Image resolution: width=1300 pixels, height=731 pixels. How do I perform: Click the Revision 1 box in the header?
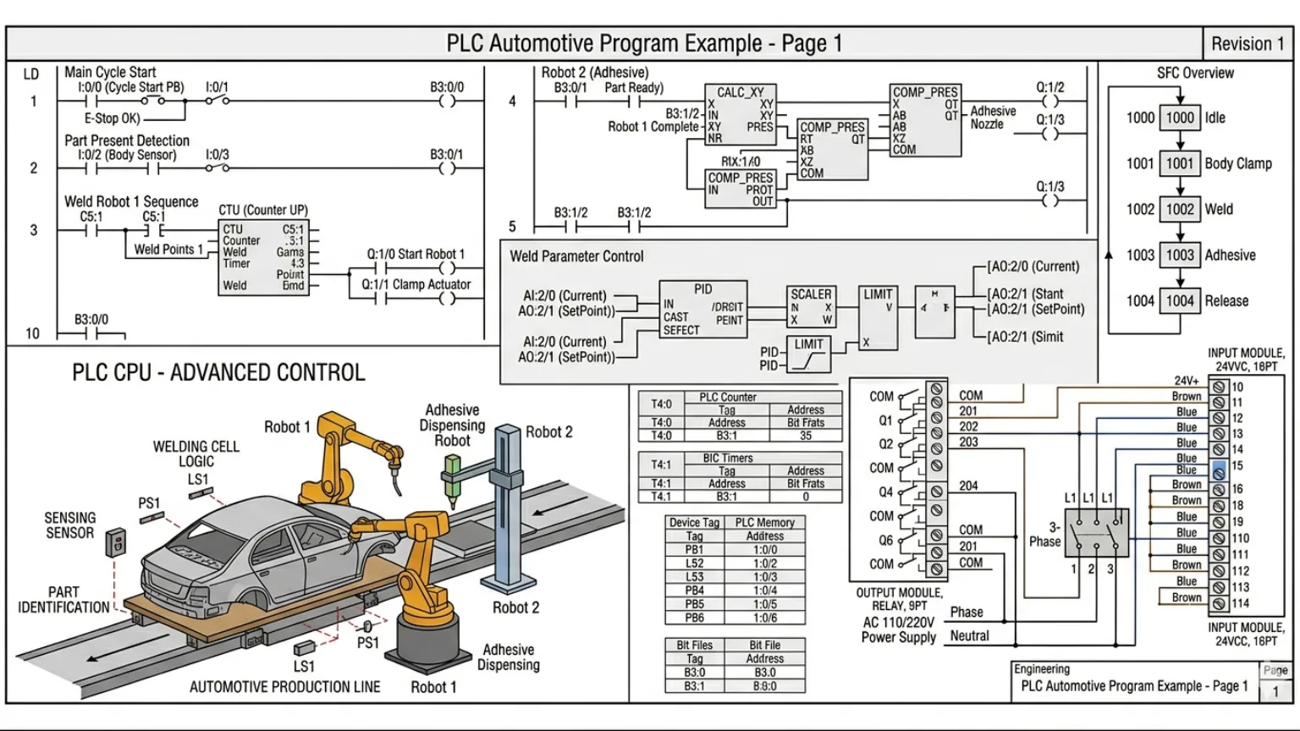pyautogui.click(x=1248, y=44)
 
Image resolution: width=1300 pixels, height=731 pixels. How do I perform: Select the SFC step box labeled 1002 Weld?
pyautogui.click(x=1180, y=209)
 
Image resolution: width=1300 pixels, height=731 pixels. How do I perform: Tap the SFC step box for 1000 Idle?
pyautogui.click(x=1180, y=118)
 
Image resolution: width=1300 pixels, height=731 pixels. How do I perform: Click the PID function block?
pyautogui.click(x=702, y=310)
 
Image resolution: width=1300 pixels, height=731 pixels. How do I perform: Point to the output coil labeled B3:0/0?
pyautogui.click(x=447, y=102)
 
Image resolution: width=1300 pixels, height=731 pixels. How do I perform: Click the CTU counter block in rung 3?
pyautogui.click(x=263, y=257)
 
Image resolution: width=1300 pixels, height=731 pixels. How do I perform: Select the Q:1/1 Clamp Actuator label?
pyautogui.click(x=416, y=284)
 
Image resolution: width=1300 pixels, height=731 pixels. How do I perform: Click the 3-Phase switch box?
pyautogui.click(x=1096, y=532)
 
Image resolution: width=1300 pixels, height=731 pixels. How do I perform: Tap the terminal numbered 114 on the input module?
pyautogui.click(x=1219, y=604)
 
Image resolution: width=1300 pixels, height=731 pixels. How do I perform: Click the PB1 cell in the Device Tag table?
pyautogui.click(x=694, y=550)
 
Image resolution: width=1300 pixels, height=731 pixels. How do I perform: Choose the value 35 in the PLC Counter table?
pyautogui.click(x=805, y=436)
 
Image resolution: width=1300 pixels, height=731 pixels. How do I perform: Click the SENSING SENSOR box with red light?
pyautogui.click(x=115, y=541)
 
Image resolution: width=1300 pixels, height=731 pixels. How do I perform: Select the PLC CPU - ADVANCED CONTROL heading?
pyautogui.click(x=218, y=373)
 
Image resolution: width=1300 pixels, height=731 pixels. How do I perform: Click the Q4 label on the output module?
pyautogui.click(x=885, y=492)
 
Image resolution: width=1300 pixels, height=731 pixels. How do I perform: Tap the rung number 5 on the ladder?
pyautogui.click(x=512, y=227)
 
